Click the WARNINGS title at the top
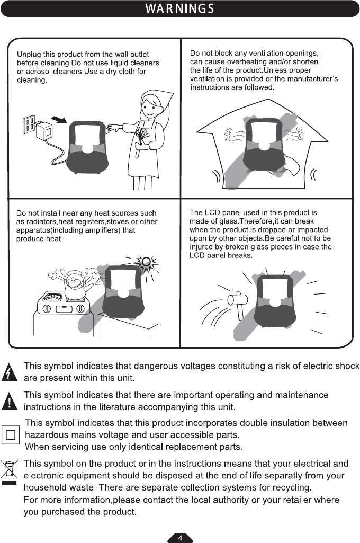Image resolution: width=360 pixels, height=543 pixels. (x=180, y=9)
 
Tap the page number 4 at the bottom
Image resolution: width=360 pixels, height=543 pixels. (x=180, y=538)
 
